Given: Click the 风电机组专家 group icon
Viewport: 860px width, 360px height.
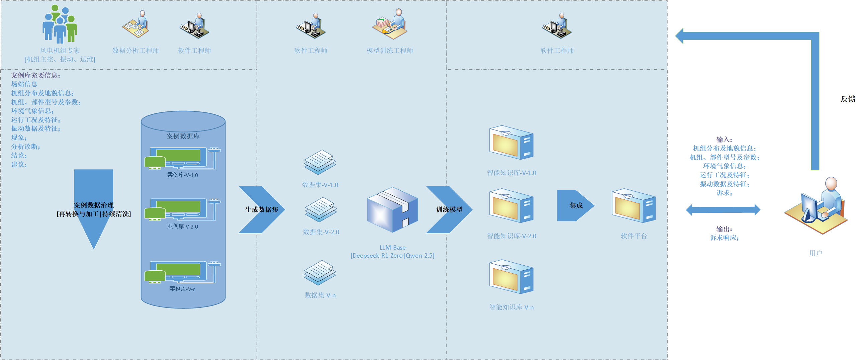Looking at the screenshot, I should click(x=60, y=24).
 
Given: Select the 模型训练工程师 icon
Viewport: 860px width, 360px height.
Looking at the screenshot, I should click(x=390, y=24).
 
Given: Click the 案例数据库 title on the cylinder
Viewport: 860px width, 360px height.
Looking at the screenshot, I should click(x=183, y=136).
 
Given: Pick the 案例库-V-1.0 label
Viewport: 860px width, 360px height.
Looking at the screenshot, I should click(x=183, y=175).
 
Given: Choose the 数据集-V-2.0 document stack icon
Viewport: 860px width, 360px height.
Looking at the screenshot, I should click(x=320, y=209).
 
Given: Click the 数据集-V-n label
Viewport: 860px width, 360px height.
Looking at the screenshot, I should click(x=320, y=295).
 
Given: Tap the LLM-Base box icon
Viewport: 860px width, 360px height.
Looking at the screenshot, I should click(x=392, y=210).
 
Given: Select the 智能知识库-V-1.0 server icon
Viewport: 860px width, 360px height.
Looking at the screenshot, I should click(x=511, y=142).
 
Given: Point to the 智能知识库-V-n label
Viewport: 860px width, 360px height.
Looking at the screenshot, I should click(x=511, y=307).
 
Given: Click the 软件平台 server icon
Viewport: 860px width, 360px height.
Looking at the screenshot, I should click(x=634, y=205).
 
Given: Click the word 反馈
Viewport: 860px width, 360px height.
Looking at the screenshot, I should click(x=848, y=99).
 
